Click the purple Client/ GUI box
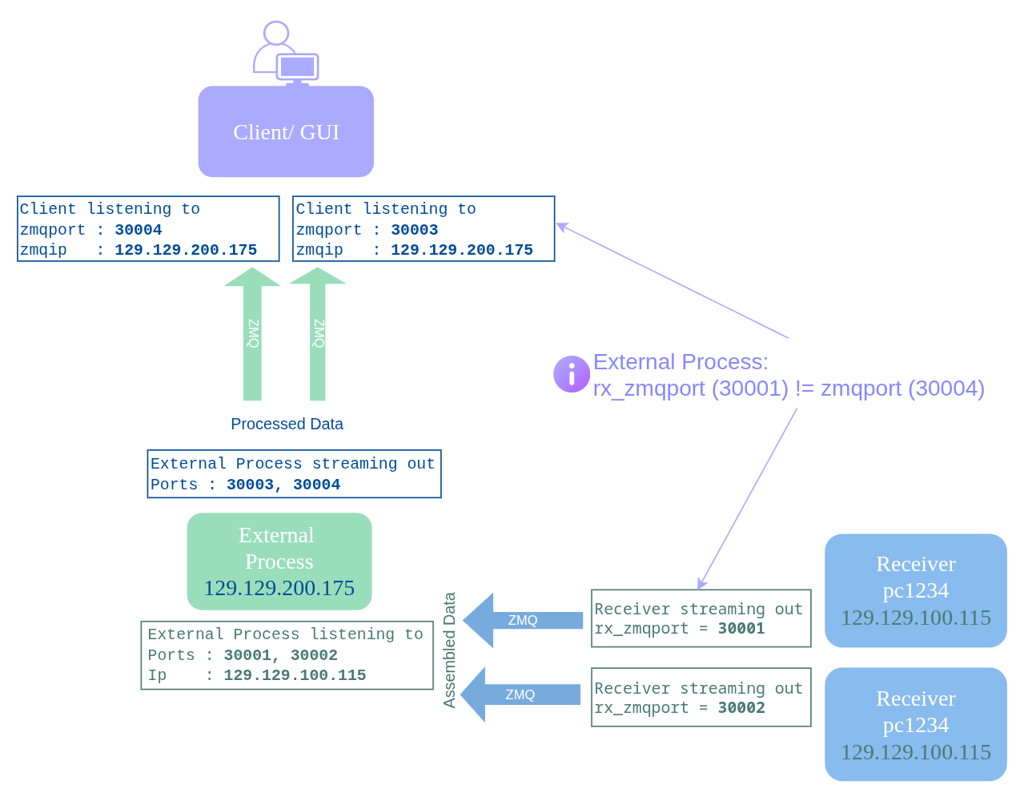(x=286, y=132)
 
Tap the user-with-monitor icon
(x=286, y=54)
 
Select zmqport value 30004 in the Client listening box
(x=138, y=230)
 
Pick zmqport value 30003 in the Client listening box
(x=414, y=230)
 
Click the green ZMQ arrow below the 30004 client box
(x=252, y=334)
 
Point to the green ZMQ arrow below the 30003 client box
(x=318, y=334)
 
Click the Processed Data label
(x=287, y=424)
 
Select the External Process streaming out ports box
(x=294, y=474)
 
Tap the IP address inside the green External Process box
(x=279, y=589)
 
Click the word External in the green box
(x=276, y=535)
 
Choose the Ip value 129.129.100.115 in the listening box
(x=295, y=675)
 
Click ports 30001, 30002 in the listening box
(x=280, y=655)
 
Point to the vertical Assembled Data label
(x=449, y=650)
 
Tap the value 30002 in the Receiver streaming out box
(x=741, y=708)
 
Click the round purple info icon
(x=572, y=374)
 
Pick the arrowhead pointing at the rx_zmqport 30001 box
(x=701, y=584)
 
